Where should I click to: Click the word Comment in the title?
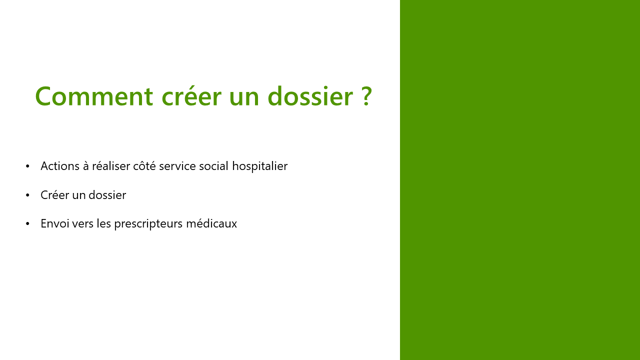94,96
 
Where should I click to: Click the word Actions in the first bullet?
60,166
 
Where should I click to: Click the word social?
213,166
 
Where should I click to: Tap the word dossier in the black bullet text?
107,195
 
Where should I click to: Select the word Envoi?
55,223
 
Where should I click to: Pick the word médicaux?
211,223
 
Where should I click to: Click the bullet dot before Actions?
27,166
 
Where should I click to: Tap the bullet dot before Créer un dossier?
27,195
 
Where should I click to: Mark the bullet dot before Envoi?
27,223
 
